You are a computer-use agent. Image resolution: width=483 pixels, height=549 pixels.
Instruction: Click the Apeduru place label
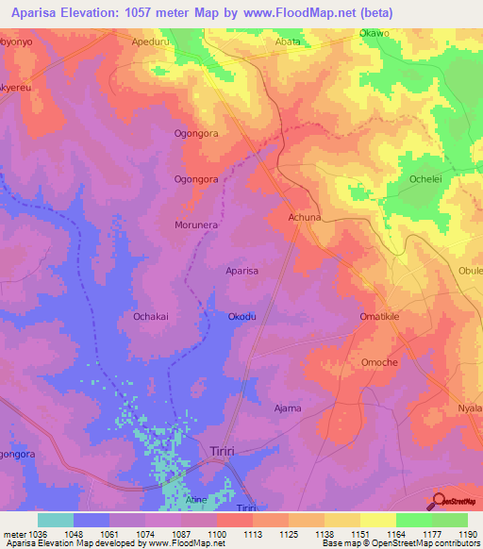(152, 42)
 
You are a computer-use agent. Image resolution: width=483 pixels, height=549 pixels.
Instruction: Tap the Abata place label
(287, 42)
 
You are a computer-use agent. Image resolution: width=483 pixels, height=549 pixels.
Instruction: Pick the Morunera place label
(196, 225)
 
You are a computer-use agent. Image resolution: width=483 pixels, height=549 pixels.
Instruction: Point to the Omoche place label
(380, 362)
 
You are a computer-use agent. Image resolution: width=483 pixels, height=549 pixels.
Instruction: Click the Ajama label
(287, 408)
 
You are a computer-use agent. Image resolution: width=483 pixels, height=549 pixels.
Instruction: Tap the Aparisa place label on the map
(242, 271)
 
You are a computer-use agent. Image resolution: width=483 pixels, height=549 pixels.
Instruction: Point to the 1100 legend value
(215, 533)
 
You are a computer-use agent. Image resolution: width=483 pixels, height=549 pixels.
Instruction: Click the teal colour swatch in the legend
(55, 520)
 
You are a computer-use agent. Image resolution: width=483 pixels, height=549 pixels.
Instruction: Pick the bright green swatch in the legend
(413, 520)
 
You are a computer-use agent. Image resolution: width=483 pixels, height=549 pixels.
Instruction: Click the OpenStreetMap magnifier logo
(440, 502)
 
